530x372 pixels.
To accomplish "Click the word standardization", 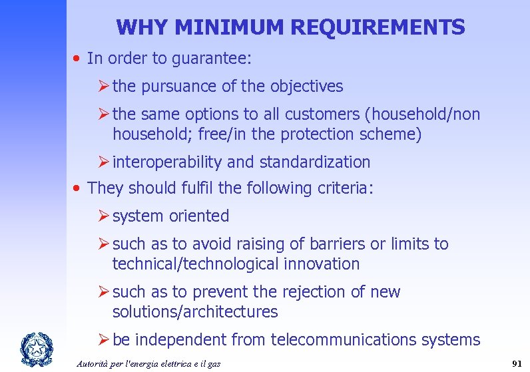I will [x=315, y=162].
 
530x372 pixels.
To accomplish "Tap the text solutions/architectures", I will [x=195, y=312].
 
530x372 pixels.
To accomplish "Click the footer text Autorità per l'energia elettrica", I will [x=148, y=363].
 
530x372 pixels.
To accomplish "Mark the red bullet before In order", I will [x=78, y=59].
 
